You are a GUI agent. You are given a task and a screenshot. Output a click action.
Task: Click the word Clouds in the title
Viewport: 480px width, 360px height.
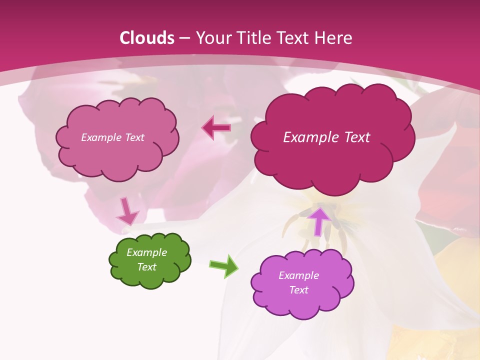click(147, 38)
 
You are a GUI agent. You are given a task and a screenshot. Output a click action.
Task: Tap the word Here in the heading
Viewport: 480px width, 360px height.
click(332, 38)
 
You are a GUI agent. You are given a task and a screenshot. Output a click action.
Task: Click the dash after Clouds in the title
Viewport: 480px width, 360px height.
click(184, 38)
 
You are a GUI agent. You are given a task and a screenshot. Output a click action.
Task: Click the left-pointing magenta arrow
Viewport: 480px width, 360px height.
click(216, 128)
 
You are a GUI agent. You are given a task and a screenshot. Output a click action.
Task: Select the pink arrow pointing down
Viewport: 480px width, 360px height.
click(127, 212)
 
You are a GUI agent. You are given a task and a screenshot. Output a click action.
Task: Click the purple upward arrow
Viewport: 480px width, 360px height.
click(318, 220)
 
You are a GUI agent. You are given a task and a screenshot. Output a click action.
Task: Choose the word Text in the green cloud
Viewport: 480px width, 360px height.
click(147, 267)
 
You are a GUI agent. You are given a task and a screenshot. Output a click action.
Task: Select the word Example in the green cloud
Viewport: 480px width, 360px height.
click(147, 252)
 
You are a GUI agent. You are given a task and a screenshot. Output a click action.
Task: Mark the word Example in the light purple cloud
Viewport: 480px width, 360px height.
click(298, 275)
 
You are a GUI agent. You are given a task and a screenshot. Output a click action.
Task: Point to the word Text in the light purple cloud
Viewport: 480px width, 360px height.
click(298, 290)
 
